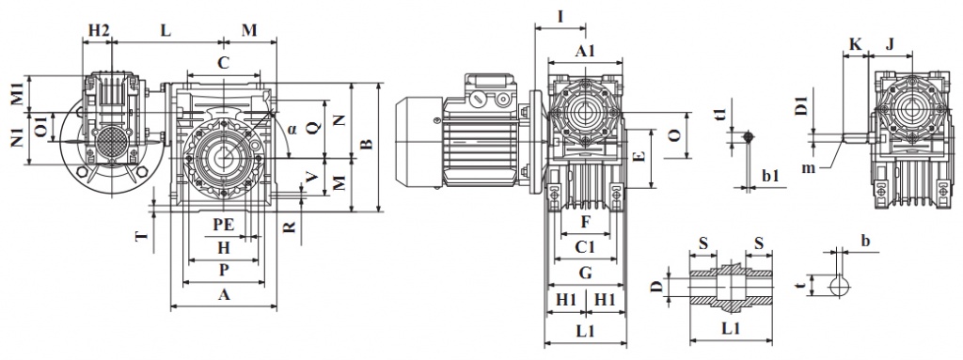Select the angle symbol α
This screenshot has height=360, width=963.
click(292, 129)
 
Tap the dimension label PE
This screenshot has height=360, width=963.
click(224, 225)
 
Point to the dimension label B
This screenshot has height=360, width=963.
click(366, 145)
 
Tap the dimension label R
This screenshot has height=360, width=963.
click(290, 227)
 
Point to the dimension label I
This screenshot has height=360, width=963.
click(560, 17)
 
